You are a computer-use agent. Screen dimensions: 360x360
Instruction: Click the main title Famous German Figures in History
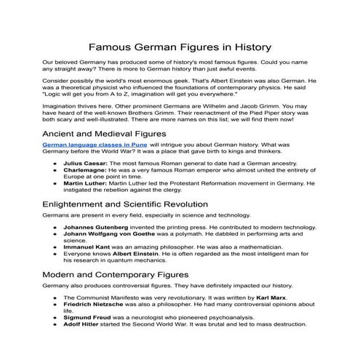[180, 45]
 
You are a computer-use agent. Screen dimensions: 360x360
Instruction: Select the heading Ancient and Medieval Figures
[104, 135]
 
